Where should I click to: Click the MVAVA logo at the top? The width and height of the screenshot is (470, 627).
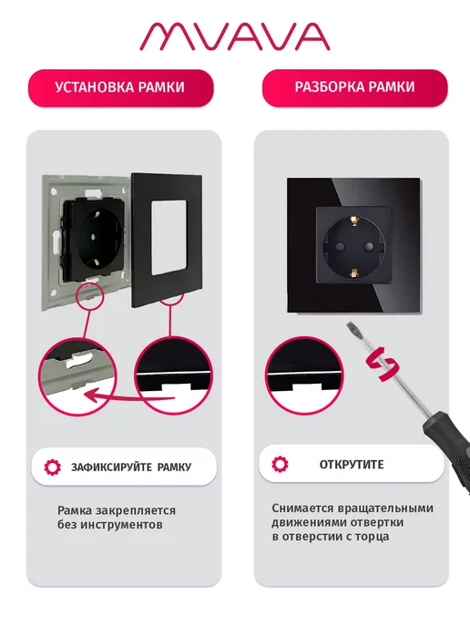click(x=235, y=36)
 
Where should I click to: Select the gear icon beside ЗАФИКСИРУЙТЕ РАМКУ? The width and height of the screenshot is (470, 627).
click(x=52, y=467)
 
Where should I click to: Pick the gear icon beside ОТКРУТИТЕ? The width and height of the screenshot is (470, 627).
click(x=280, y=464)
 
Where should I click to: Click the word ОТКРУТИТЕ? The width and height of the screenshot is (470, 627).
click(x=352, y=465)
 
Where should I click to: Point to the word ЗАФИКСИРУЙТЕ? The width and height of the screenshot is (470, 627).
click(x=112, y=467)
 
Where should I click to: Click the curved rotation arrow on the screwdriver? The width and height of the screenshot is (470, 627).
click(x=383, y=365)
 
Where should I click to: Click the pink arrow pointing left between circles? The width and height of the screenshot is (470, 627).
click(x=131, y=396)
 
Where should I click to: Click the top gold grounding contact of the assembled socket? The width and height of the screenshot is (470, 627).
click(x=354, y=221)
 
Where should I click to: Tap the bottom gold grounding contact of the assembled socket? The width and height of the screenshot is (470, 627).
click(x=353, y=272)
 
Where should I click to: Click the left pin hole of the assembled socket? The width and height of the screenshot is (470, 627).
click(x=339, y=246)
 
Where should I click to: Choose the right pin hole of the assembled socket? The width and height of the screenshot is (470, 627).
click(x=370, y=245)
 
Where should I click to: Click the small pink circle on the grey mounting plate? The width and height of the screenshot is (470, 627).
click(x=90, y=296)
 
